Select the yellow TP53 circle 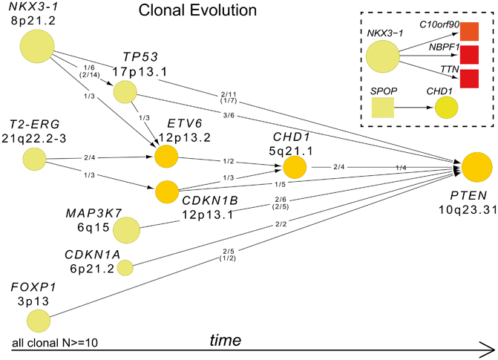tap(125, 92)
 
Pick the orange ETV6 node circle tap(166, 157)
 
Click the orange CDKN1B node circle tap(166, 192)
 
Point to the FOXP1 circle tap(39, 321)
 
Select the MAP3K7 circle tap(125, 231)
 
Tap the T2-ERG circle tap(34, 158)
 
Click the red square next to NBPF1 tap(469, 55)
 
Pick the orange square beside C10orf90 tap(469, 31)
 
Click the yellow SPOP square tap(382, 108)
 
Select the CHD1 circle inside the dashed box tap(447, 108)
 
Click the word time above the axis tap(225, 340)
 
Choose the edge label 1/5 tap(280, 184)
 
